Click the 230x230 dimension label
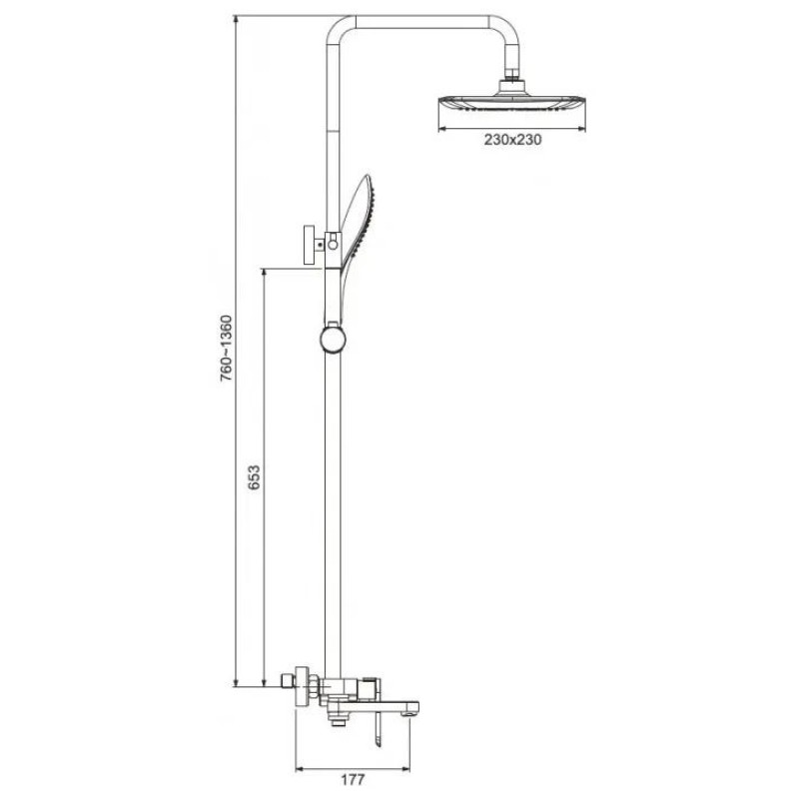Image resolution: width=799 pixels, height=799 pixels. (512, 139)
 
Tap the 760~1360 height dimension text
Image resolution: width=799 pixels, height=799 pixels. (226, 349)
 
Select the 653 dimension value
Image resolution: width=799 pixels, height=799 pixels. (254, 477)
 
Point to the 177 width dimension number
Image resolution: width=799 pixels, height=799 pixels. (353, 779)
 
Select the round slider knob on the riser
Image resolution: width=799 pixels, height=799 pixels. (333, 340)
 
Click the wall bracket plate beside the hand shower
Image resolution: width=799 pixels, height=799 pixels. (309, 245)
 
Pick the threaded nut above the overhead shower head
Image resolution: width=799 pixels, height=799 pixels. (511, 81)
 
